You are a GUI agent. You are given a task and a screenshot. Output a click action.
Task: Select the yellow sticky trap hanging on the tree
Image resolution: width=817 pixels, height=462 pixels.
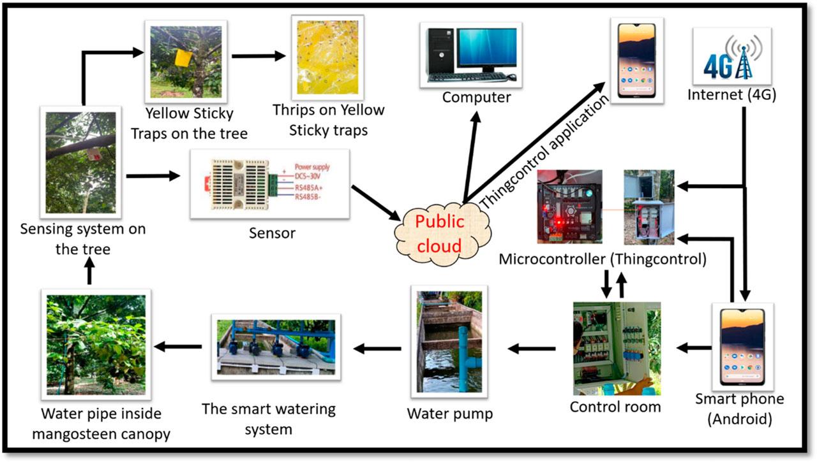pos(183,58)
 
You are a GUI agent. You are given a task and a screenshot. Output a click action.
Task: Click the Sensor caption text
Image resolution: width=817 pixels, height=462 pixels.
pos(273,233)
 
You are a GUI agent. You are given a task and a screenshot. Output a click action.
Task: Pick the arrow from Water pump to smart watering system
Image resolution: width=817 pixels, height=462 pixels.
pos(378,348)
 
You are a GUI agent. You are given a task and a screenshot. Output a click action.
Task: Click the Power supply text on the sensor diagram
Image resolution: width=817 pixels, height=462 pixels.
pos(313,167)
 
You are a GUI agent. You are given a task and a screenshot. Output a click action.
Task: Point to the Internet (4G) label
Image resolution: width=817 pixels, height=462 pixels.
pos(731,96)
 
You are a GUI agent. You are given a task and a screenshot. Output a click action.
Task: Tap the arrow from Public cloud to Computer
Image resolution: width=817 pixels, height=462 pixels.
pos(471,153)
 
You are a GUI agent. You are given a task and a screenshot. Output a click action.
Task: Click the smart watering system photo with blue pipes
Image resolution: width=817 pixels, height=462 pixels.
pos(273,347)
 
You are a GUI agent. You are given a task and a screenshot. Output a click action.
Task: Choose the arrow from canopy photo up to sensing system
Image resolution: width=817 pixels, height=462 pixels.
pos(89,273)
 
